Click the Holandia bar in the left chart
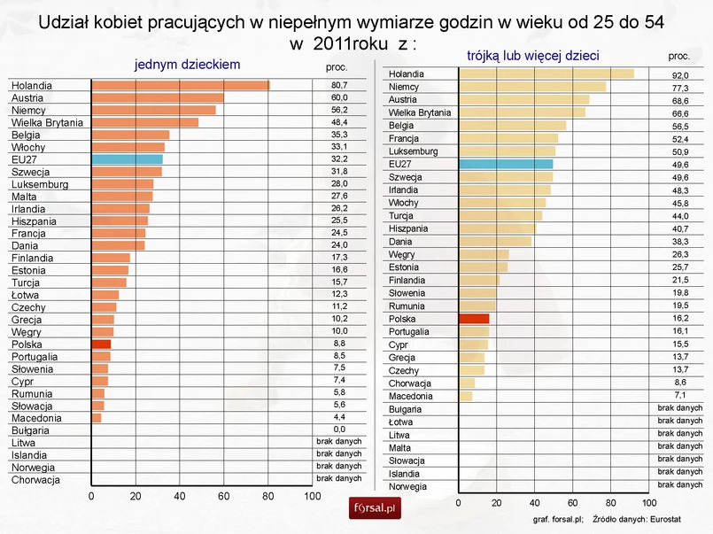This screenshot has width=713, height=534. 180,86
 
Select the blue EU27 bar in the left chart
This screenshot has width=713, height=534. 127,159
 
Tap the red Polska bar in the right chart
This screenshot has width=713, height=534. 474,319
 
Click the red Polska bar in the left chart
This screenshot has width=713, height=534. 101,344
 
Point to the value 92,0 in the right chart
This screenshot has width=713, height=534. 680,76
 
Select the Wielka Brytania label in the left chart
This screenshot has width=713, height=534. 46,122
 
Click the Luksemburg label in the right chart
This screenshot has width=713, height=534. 414,151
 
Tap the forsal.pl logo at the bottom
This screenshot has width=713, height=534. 376,508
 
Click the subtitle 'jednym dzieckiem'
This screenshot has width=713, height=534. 187,65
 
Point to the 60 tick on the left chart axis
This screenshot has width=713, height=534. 224,496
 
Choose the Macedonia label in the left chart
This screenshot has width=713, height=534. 36,418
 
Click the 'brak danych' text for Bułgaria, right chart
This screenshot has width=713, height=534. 680,408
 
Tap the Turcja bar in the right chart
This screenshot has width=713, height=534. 500,215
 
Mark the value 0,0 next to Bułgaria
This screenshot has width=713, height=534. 339,429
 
